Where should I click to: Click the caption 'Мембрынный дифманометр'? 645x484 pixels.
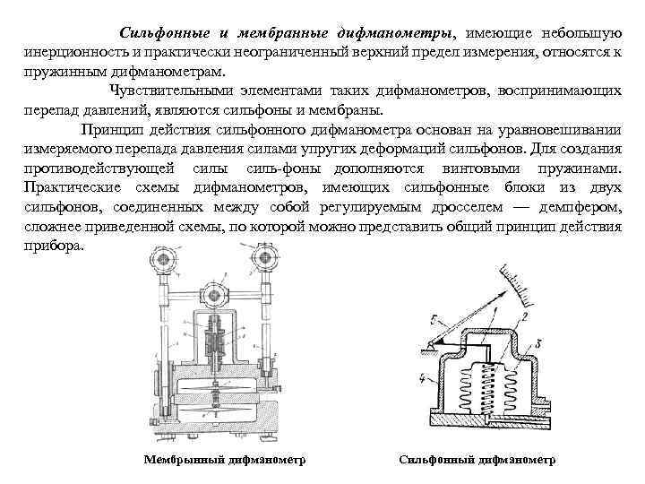tap(225, 460)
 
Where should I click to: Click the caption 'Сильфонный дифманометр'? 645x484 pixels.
tap(477, 460)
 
